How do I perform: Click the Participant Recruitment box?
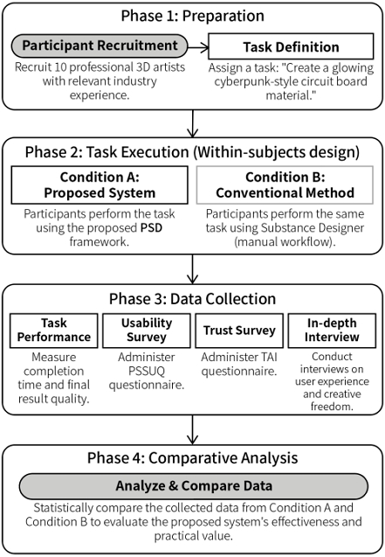100,45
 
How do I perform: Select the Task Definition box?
291,46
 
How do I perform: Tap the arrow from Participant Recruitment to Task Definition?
198,47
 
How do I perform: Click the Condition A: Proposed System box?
100,185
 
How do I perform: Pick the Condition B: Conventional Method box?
285,185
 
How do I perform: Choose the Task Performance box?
54,331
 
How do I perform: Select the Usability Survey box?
147,331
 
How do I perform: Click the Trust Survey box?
239,331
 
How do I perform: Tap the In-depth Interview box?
332,331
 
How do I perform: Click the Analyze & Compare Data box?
194,486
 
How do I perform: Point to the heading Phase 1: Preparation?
192,16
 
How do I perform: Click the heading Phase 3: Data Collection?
192,299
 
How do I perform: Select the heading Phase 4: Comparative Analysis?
192,458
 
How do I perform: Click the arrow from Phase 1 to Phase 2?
192,123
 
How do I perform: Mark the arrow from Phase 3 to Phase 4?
192,430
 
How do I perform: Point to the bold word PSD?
151,227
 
